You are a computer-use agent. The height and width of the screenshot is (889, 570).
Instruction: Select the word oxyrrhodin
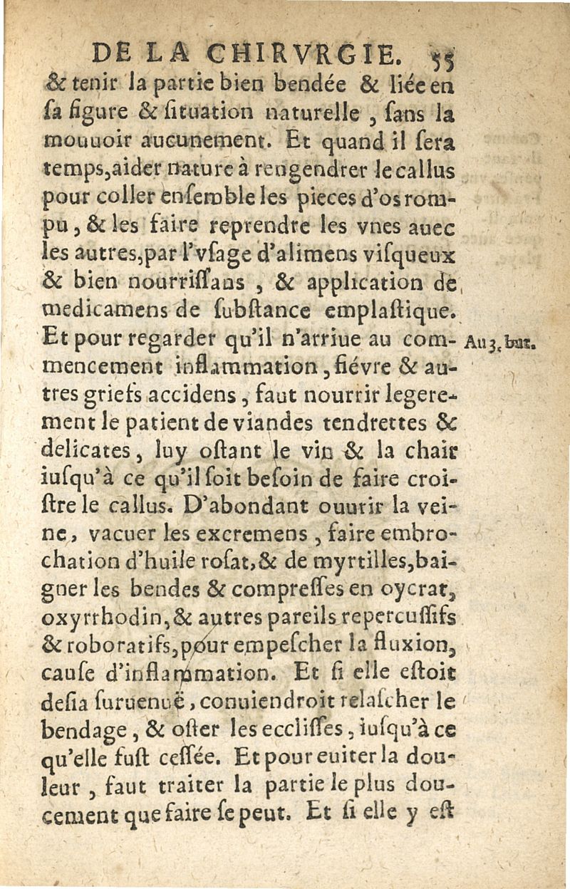coord(95,620)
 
